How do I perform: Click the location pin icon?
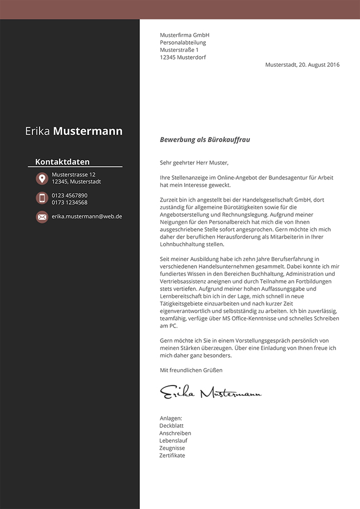click(42, 178)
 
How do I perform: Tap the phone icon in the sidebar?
click(42, 198)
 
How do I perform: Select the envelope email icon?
click(42, 217)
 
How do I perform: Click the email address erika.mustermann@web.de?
click(86, 216)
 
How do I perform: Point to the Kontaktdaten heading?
click(62, 161)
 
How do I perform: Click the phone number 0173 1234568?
click(69, 203)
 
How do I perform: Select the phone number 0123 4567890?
click(69, 195)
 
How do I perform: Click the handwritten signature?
click(210, 393)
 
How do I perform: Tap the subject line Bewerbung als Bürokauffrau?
click(205, 139)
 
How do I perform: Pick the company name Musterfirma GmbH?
click(185, 35)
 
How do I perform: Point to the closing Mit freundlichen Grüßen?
click(191, 370)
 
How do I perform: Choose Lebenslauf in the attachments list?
click(173, 441)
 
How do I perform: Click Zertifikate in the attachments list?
click(172, 456)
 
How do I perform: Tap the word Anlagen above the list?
click(171, 419)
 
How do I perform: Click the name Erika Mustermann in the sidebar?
click(74, 131)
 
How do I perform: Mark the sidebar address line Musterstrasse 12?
click(74, 175)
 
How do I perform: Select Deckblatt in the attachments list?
click(172, 426)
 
